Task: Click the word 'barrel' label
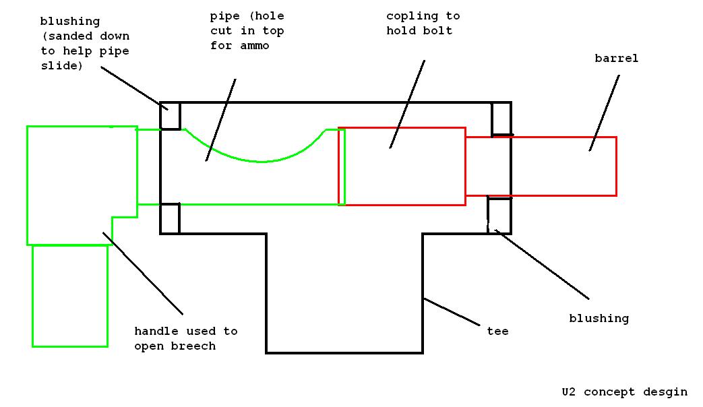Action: tap(616, 59)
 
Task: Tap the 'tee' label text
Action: tap(497, 331)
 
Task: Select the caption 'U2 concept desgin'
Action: tap(624, 392)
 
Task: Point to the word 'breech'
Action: tap(193, 346)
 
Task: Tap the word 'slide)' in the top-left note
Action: tap(61, 65)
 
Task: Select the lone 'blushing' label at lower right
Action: tap(599, 318)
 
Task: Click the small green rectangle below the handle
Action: tap(70, 296)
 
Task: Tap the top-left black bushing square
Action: tap(171, 115)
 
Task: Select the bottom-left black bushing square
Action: tap(170, 218)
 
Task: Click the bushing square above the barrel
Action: tap(501, 119)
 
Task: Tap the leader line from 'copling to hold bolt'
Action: tap(407, 104)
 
